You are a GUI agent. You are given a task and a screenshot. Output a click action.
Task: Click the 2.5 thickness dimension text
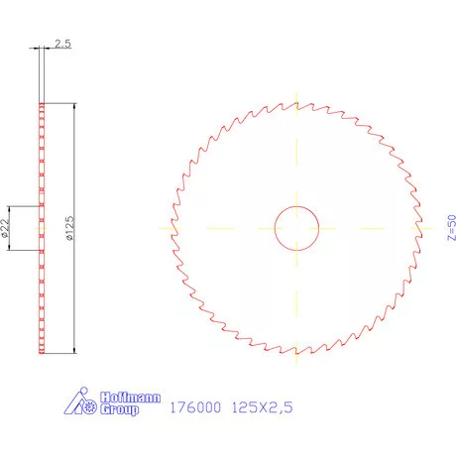point(61,45)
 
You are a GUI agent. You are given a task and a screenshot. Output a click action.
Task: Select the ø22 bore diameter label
point(6,229)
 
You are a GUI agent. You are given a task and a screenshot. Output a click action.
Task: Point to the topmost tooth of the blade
point(297,101)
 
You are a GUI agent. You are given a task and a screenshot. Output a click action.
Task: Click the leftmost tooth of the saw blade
point(171,226)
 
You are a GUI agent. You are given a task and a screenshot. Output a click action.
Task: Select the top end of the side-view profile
point(41,104)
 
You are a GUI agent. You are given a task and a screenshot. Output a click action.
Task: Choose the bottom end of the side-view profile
point(41,351)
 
